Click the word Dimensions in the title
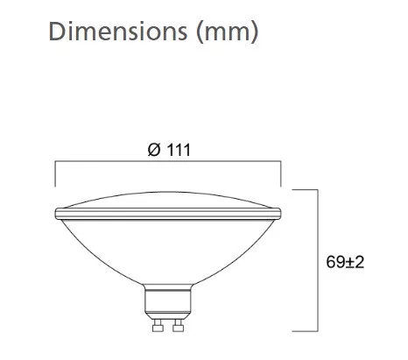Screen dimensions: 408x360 [118, 32]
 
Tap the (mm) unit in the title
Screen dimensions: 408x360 [228, 32]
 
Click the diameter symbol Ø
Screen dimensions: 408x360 [154, 150]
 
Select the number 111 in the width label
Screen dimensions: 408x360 [179, 150]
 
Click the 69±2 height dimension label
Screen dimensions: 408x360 [345, 262]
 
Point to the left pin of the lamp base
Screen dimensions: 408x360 [158, 325]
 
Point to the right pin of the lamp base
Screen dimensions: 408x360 [178, 325]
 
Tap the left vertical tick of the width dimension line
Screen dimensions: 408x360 [55, 173]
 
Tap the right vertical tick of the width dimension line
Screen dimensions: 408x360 [281, 173]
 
